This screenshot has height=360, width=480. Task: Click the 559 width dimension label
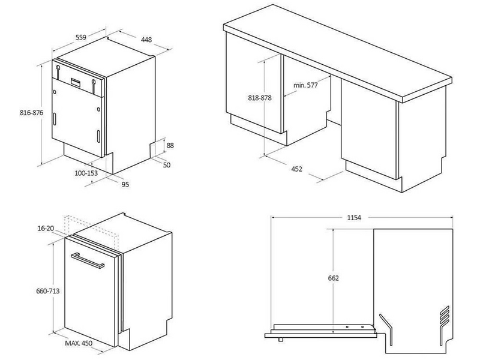[x=81, y=37]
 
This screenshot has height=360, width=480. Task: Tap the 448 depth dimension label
[x=146, y=40]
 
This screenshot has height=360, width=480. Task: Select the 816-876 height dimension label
[x=32, y=113]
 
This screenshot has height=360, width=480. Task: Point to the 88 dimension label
[x=170, y=145]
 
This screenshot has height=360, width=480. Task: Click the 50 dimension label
[x=167, y=165]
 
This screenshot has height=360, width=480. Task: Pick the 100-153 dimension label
[x=86, y=173]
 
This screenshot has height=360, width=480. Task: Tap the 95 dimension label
[x=125, y=185]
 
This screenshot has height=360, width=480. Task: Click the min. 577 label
[x=305, y=85]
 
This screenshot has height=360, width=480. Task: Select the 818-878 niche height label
[x=260, y=98]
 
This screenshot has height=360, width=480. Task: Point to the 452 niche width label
[x=296, y=169]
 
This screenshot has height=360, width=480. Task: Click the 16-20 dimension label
[x=46, y=228]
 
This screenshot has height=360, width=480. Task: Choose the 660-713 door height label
[x=48, y=291]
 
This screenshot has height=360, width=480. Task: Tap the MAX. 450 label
[x=79, y=343]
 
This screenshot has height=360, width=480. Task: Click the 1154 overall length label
[x=354, y=218]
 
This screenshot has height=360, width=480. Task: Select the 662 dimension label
[x=334, y=278]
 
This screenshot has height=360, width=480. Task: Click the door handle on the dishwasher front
[x=88, y=261]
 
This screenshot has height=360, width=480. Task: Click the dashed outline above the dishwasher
[x=91, y=232]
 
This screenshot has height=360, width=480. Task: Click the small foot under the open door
[x=280, y=340]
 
